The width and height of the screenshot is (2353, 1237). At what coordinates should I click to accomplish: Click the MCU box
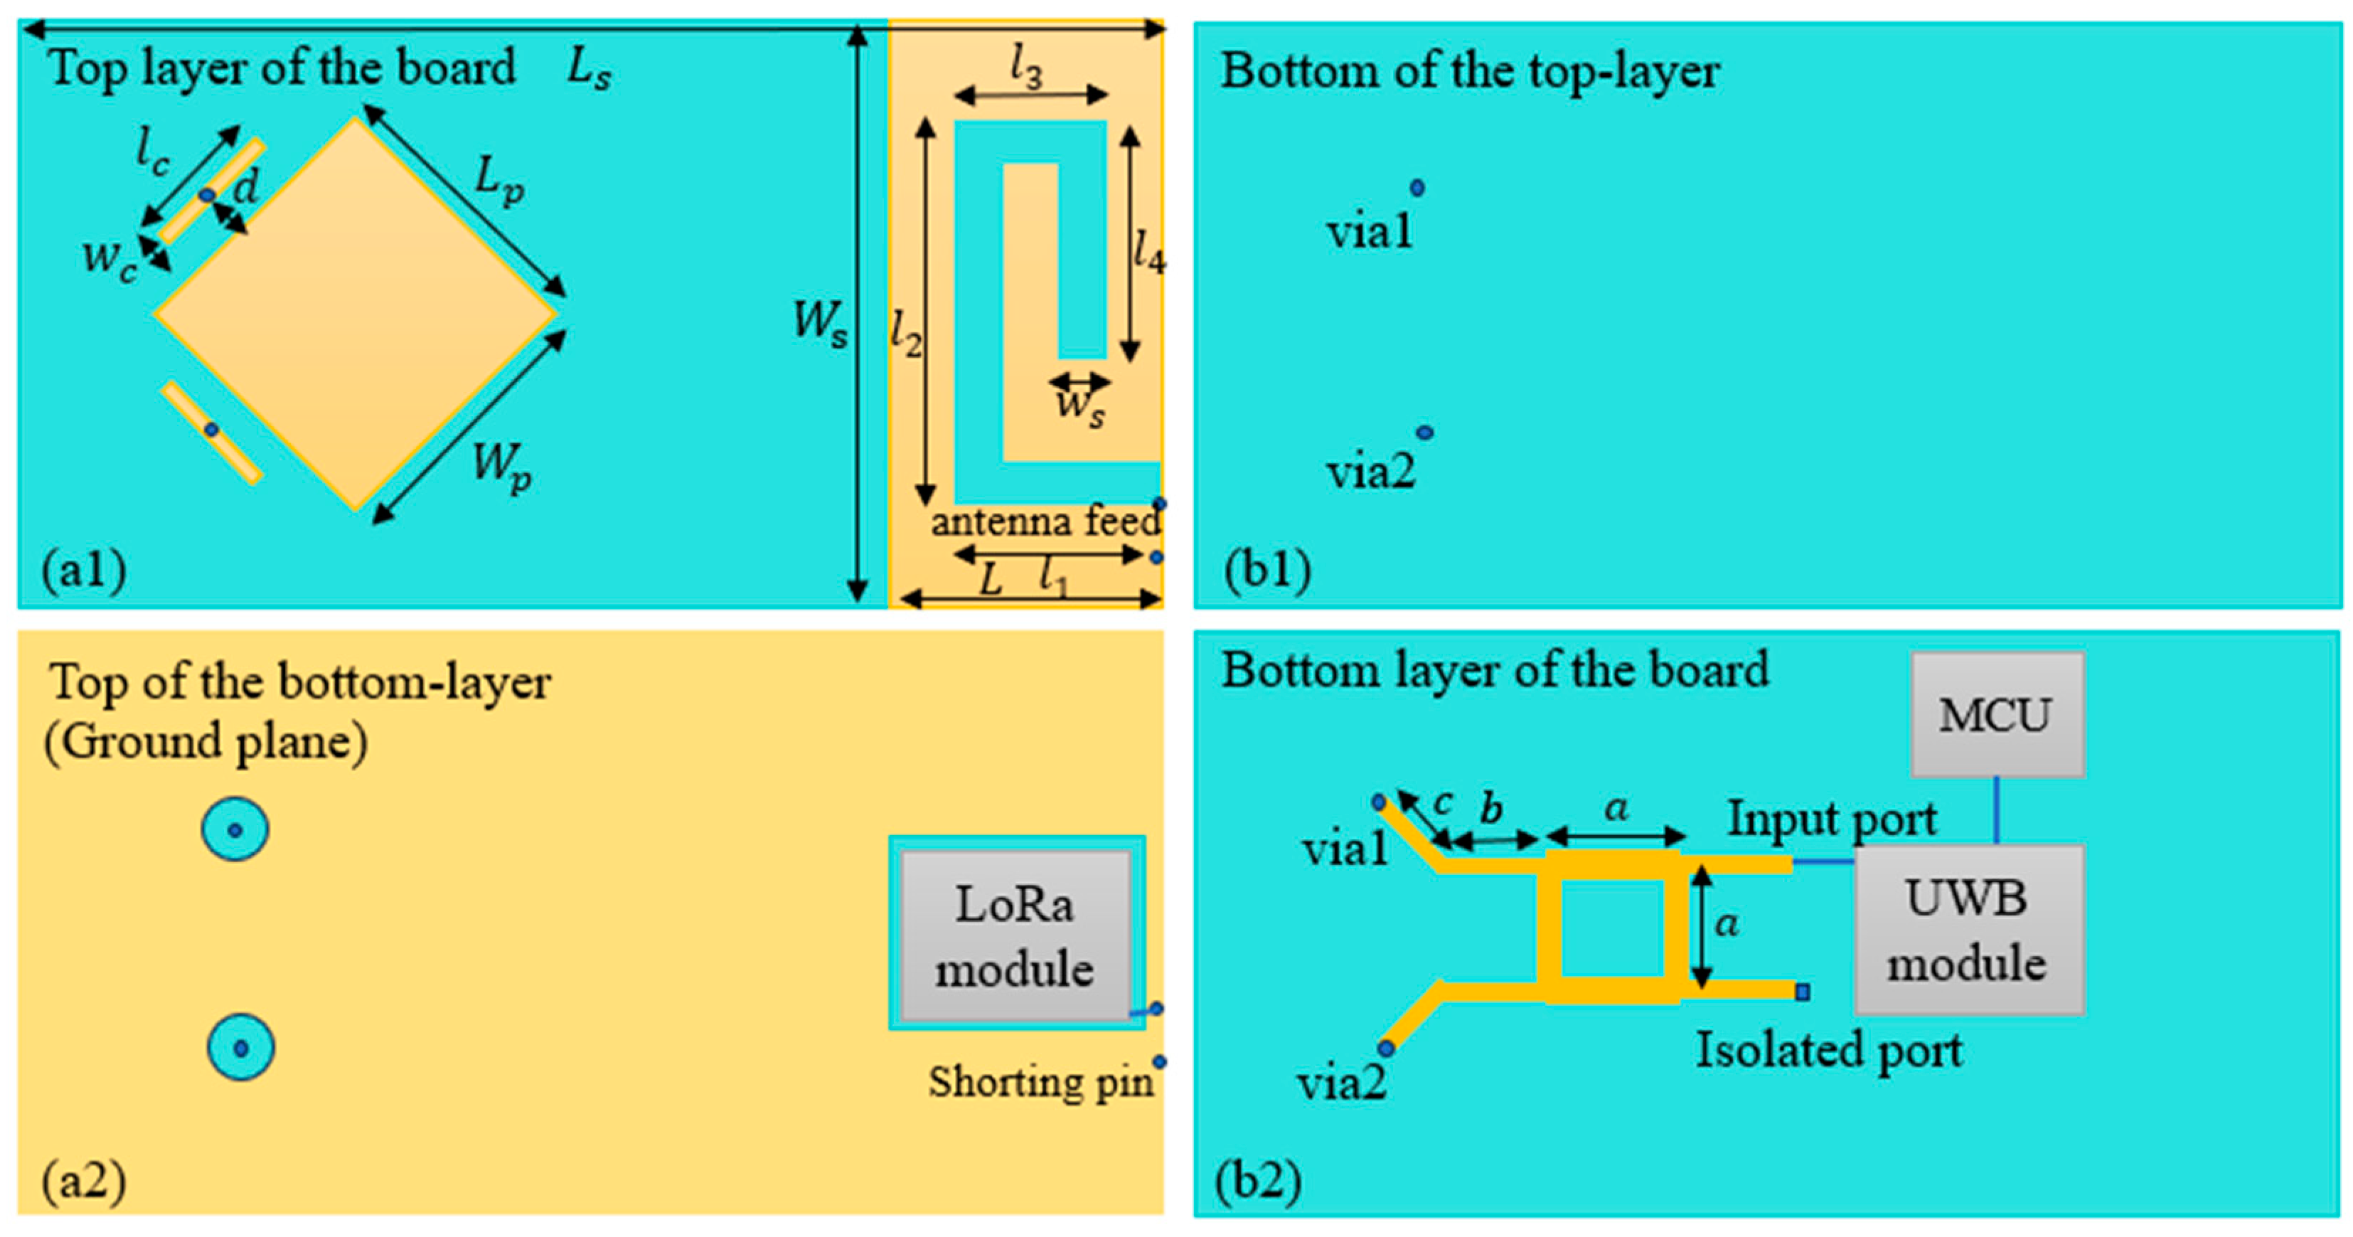[x=1997, y=714]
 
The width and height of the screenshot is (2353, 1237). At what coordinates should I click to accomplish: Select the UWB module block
[x=1968, y=930]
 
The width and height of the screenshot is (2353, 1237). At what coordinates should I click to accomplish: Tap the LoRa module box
[x=1015, y=935]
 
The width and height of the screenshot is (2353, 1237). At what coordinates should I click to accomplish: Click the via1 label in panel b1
[x=1368, y=231]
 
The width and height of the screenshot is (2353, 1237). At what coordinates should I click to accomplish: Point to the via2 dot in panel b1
[x=1424, y=432]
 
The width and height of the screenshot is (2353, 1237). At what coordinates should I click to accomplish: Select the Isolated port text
[x=1829, y=1050]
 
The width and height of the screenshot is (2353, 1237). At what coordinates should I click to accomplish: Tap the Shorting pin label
[x=1040, y=1083]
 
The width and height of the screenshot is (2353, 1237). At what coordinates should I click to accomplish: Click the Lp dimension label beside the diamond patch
[x=498, y=179]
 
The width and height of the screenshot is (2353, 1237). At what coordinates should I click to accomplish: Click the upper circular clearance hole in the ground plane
[x=235, y=829]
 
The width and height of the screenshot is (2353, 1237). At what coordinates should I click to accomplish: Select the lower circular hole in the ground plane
[x=240, y=1047]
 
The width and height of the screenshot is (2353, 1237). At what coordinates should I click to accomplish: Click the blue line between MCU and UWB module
[x=1996, y=809]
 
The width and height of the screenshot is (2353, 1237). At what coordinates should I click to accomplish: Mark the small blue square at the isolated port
[x=1802, y=992]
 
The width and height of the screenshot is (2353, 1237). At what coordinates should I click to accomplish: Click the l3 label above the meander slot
[x=1026, y=68]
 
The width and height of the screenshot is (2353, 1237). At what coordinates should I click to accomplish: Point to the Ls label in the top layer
[x=588, y=68]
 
